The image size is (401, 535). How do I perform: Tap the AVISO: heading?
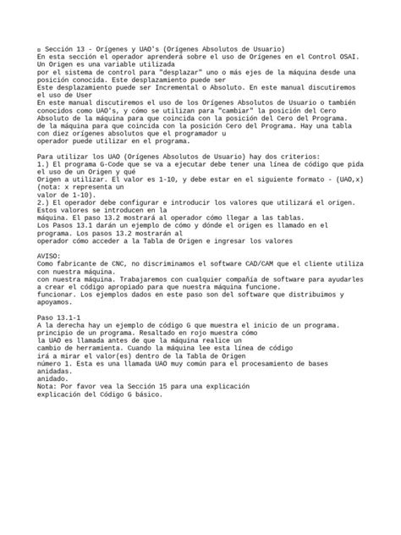point(50,253)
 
